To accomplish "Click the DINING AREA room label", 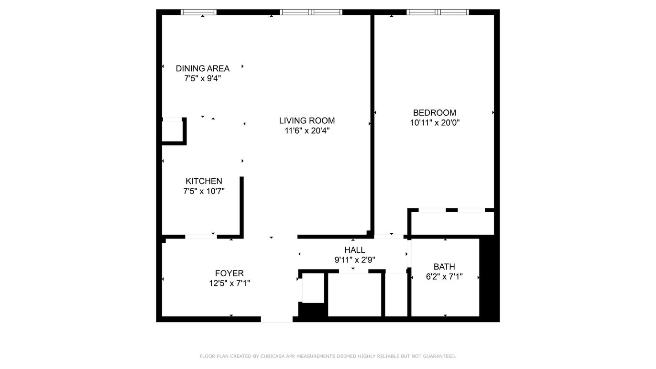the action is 202,68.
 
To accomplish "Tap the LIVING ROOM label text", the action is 306,120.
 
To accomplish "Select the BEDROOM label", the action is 435,113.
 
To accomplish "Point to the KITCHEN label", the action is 204,181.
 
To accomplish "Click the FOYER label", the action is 230,273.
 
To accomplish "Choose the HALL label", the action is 355,250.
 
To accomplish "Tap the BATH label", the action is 444,267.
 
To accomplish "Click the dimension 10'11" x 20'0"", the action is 435,123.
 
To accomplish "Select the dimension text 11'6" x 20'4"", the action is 307,130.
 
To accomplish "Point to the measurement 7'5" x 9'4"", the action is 202,78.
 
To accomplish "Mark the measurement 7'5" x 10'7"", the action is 204,191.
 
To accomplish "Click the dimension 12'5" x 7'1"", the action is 230,283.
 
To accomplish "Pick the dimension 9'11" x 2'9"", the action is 355,260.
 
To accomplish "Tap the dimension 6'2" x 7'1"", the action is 444,277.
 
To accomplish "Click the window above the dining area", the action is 198,12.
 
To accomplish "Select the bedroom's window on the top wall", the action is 437,12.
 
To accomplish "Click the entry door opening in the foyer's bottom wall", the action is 277,319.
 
